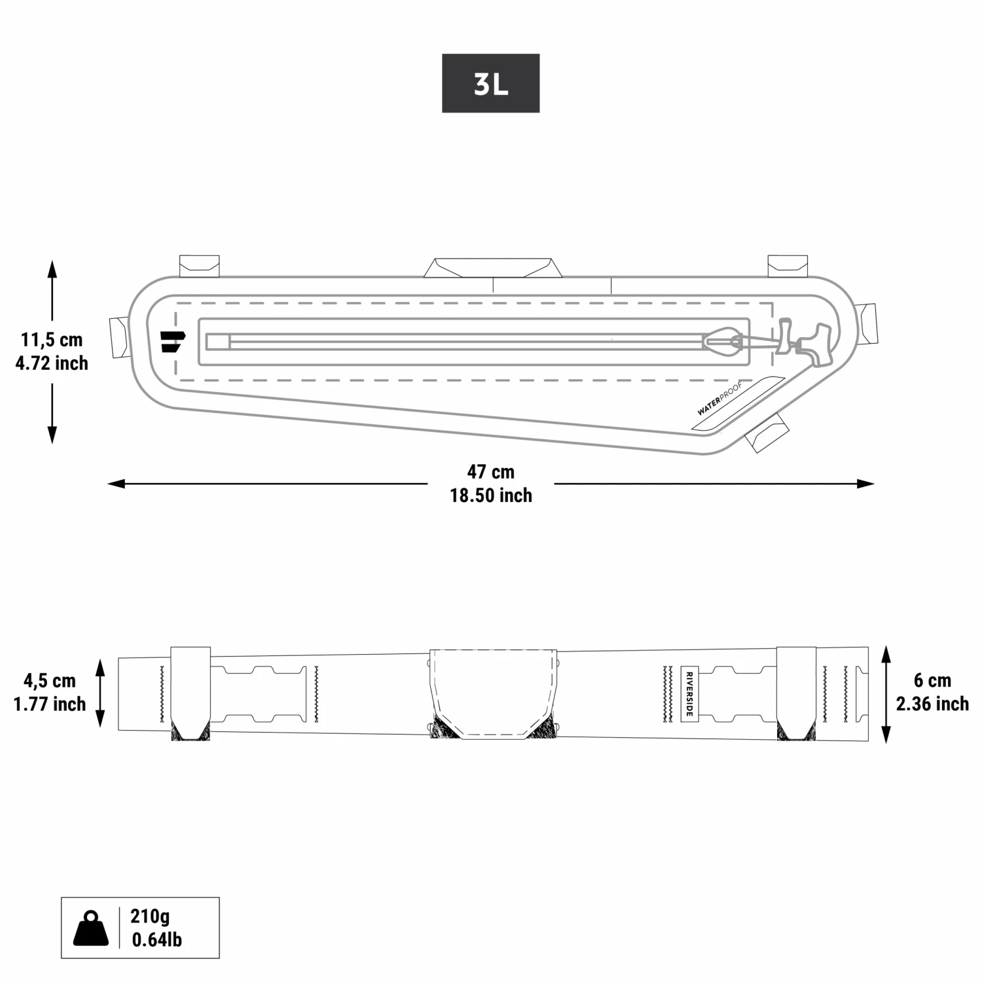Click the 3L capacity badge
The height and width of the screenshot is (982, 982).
click(x=490, y=83)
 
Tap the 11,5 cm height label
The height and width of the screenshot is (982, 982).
click(x=52, y=340)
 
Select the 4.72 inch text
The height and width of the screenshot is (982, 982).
click(x=52, y=363)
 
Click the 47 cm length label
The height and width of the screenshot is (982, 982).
click(x=490, y=471)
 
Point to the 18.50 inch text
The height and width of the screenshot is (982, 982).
click(x=490, y=496)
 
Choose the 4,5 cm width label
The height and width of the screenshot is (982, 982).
click(x=50, y=681)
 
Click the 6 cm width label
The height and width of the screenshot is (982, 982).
click(x=932, y=680)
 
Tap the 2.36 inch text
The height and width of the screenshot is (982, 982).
click(x=932, y=704)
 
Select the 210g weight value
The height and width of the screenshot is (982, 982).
click(x=150, y=916)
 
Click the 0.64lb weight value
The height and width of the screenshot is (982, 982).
click(x=156, y=939)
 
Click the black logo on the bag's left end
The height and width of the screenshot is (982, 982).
click(x=172, y=341)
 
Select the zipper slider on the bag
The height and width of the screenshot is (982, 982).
click(x=722, y=340)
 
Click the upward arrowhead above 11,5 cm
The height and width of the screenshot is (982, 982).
click(x=52, y=269)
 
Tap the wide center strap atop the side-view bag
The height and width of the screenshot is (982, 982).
click(x=494, y=268)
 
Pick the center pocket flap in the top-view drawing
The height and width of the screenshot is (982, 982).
click(x=494, y=693)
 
